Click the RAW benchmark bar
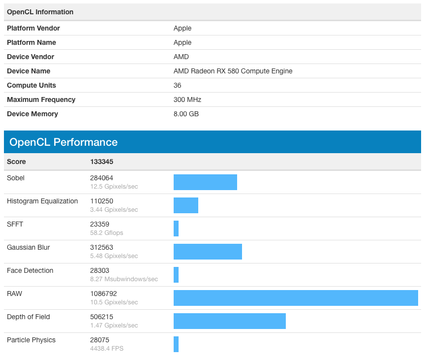(296, 298)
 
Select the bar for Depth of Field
(230, 321)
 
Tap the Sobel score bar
(205, 182)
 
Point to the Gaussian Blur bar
(208, 252)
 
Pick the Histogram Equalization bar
(186, 205)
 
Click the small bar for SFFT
(176, 229)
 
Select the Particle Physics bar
(176, 344)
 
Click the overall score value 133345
(101, 162)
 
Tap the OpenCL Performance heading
(63, 142)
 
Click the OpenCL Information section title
(40, 12)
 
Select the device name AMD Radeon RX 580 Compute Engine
(233, 71)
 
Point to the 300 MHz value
(187, 99)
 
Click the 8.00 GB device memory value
(186, 114)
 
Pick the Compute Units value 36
(177, 85)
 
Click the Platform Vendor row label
(33, 28)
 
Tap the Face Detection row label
(30, 270)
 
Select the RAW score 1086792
(103, 294)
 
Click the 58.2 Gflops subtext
(106, 233)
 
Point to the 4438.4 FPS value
(107, 349)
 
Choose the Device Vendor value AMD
(181, 57)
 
